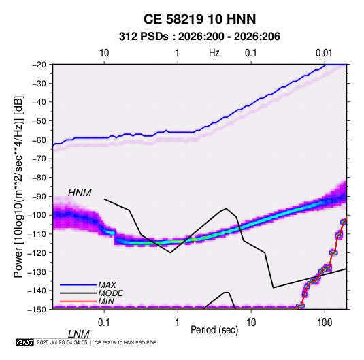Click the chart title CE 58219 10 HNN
(199, 19)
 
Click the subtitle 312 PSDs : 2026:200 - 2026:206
(199, 37)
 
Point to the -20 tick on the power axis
(39, 65)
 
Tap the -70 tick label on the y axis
(39, 159)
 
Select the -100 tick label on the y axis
(37, 215)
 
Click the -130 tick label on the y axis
(37, 272)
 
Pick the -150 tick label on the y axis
(37, 310)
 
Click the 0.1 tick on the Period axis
(104, 323)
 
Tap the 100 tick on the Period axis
(325, 323)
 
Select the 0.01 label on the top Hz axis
(324, 53)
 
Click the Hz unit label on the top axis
(214, 53)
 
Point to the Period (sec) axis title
(214, 330)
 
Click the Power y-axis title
(18, 186)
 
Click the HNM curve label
(80, 193)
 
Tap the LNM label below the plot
(79, 334)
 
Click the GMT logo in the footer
(24, 342)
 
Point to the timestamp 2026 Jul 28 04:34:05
(62, 342)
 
